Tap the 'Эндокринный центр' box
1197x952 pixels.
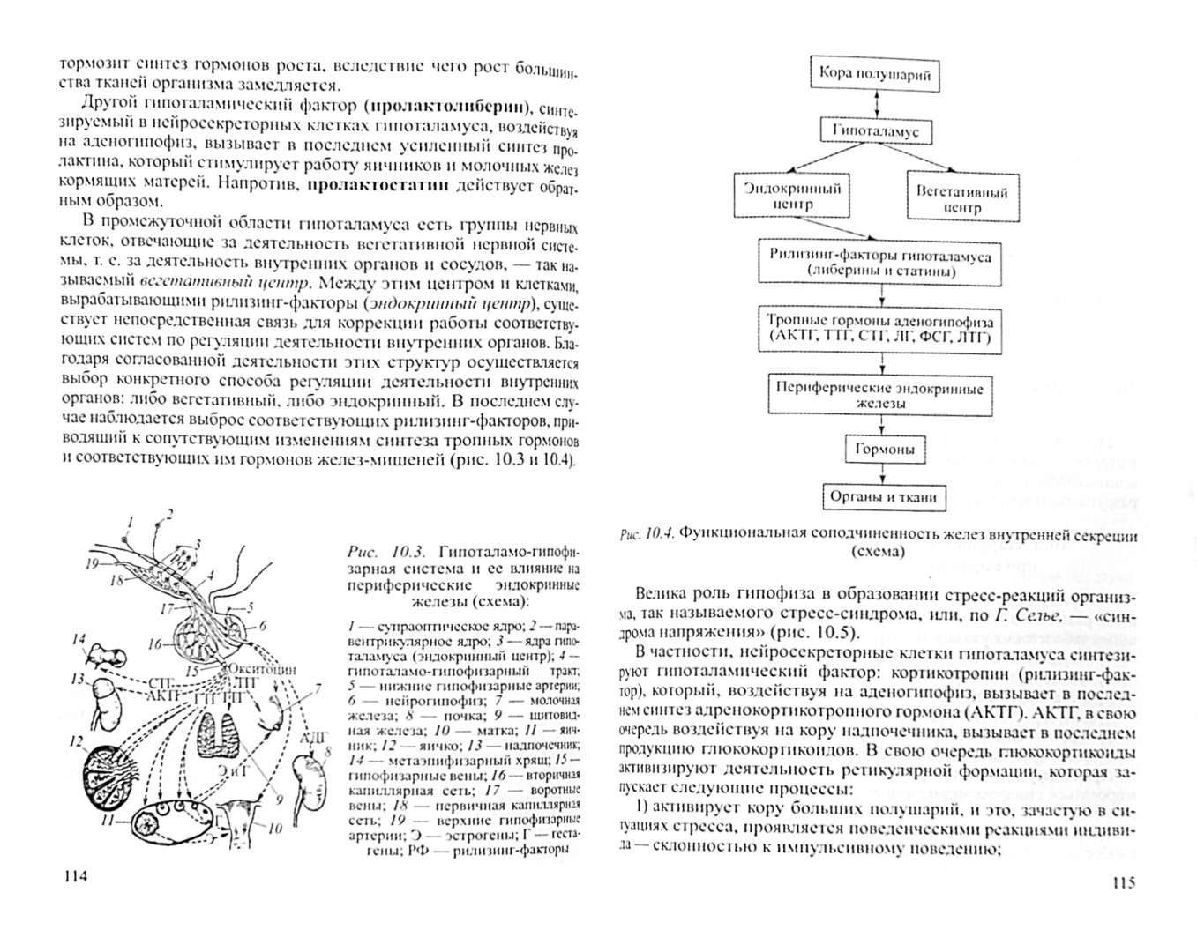click(779, 196)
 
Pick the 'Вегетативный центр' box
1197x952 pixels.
click(961, 198)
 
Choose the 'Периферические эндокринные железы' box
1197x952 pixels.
click(879, 393)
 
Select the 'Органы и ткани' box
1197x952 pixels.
click(881, 496)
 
